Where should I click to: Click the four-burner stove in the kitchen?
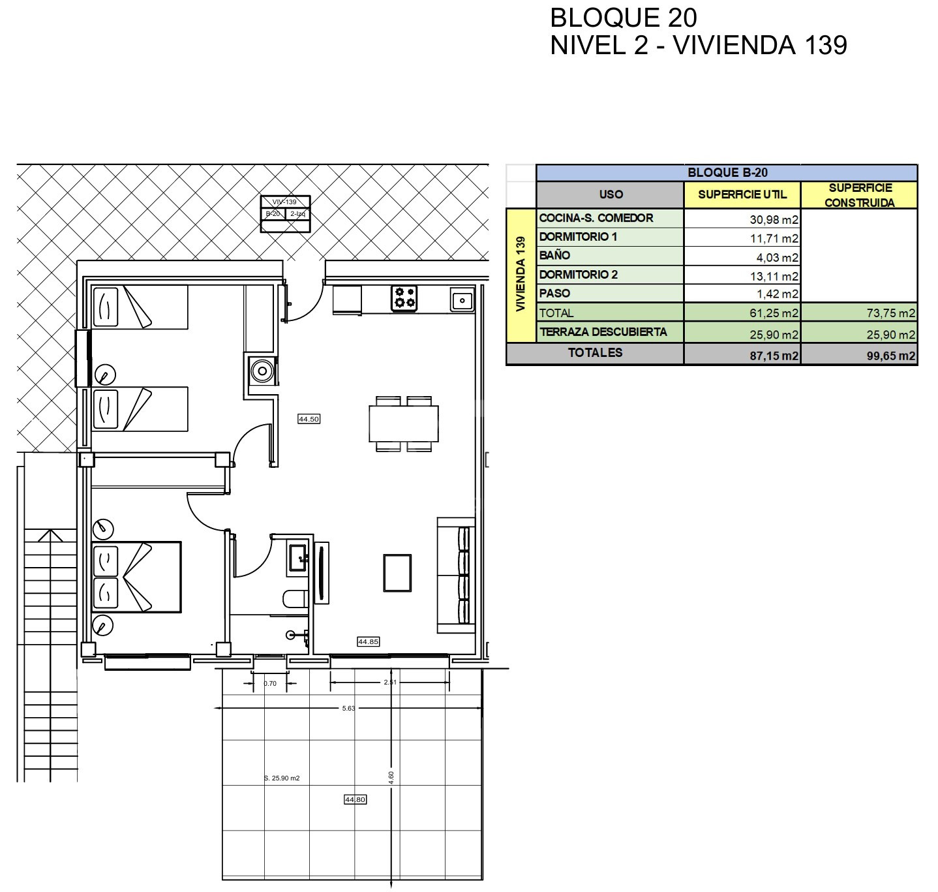(404, 298)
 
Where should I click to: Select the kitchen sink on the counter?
(462, 301)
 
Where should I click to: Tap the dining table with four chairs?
(403, 423)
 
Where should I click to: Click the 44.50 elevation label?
(309, 419)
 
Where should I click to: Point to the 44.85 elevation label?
(369, 641)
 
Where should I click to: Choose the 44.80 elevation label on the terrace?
(355, 799)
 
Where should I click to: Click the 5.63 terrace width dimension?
(348, 708)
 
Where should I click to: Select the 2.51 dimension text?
(390, 682)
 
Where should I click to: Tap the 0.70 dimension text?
(270, 683)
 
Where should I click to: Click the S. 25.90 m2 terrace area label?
(282, 778)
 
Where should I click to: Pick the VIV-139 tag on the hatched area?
(284, 202)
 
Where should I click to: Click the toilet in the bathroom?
(295, 599)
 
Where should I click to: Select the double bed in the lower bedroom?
(136, 577)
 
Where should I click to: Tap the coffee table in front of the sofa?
(397, 573)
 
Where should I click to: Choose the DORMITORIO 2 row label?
(578, 275)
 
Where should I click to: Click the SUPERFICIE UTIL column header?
(742, 194)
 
